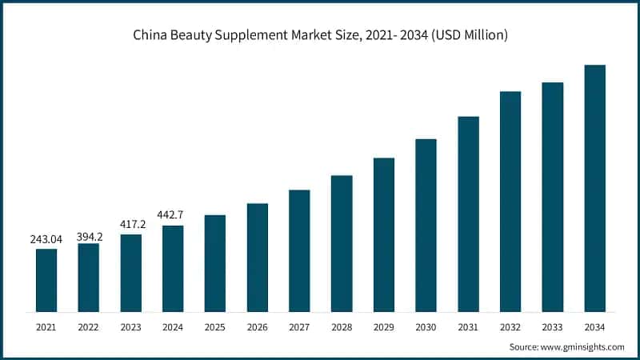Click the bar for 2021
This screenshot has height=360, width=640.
(46, 280)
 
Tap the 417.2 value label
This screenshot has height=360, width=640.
(131, 225)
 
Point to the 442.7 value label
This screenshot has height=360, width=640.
(173, 216)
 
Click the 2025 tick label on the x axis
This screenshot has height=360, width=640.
(215, 326)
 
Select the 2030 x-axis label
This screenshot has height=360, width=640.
(426, 326)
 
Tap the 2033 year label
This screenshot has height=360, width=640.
(552, 326)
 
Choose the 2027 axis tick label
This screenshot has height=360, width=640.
(299, 326)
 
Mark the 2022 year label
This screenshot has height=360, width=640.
(89, 326)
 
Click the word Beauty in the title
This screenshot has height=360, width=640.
(203, 35)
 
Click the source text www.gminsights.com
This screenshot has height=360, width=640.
(584, 346)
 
